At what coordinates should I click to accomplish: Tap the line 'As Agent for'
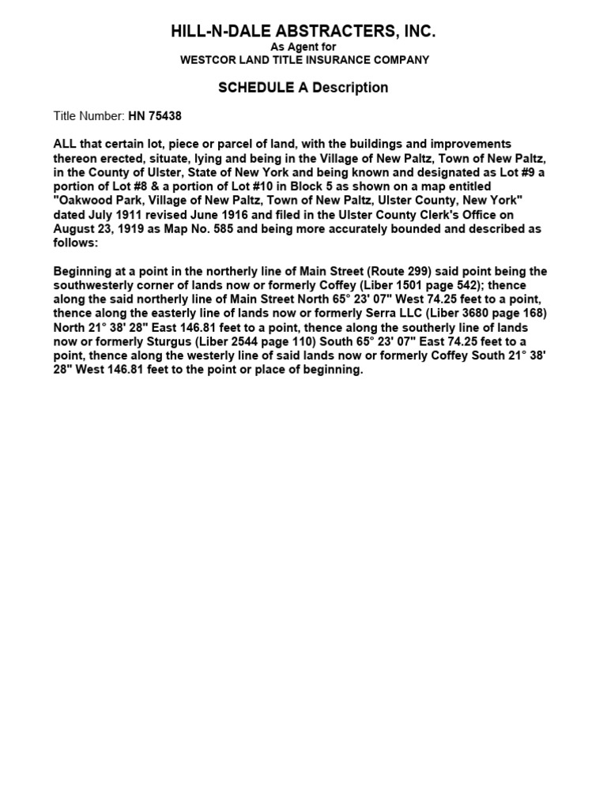tap(303, 47)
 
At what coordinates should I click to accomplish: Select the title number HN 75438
tap(155, 116)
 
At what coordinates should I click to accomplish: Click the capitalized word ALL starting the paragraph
tap(66, 145)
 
